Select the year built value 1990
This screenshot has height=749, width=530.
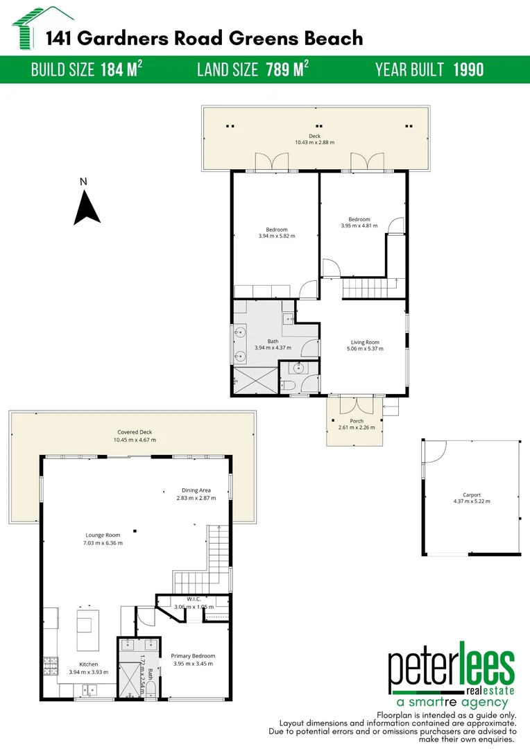pyautogui.click(x=468, y=69)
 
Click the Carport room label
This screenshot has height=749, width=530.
pyautogui.click(x=471, y=494)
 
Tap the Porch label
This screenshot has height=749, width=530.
pyautogui.click(x=356, y=421)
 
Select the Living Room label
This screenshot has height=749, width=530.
pyautogui.click(x=365, y=342)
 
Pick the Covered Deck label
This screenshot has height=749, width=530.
pyautogui.click(x=135, y=432)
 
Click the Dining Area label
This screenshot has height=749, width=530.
pyautogui.click(x=196, y=490)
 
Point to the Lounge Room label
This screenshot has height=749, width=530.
pyautogui.click(x=103, y=535)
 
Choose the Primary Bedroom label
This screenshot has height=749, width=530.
pyautogui.click(x=193, y=655)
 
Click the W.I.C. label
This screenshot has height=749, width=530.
pyautogui.click(x=194, y=599)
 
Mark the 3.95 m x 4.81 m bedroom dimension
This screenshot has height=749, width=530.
pyautogui.click(x=359, y=225)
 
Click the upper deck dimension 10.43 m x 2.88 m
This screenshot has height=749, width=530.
pyautogui.click(x=314, y=142)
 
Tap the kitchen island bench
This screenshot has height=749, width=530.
pyautogui.click(x=87, y=630)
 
